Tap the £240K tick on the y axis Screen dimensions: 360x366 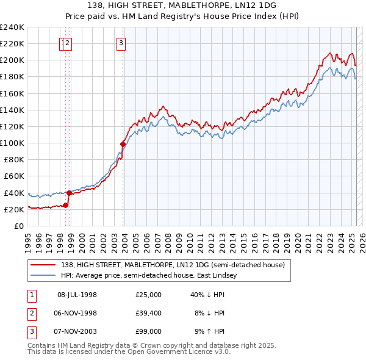12,27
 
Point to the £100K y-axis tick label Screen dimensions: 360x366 12,143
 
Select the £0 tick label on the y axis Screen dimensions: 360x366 19,226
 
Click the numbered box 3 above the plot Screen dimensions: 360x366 121,43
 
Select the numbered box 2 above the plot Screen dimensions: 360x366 67,43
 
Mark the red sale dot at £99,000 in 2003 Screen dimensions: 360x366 123,145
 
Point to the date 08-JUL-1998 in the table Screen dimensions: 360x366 77,295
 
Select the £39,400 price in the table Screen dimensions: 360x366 148,313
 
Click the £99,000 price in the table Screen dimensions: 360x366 148,331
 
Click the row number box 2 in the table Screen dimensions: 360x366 31,313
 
